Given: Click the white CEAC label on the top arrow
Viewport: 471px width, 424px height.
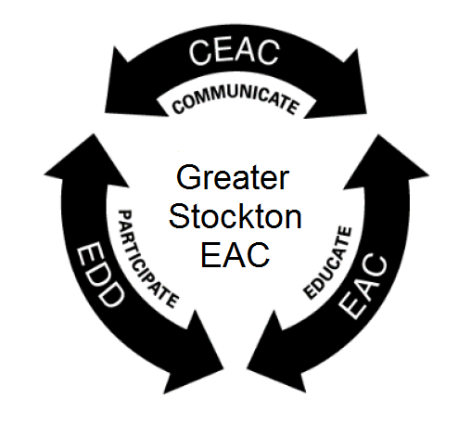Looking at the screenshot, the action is point(234,52).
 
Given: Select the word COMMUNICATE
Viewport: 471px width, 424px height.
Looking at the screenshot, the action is point(235,99).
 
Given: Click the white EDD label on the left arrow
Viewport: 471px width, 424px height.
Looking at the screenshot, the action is point(99,275).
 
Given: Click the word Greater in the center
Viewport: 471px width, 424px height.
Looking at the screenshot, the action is point(233,177).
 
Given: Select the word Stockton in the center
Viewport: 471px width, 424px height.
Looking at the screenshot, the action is point(235,216).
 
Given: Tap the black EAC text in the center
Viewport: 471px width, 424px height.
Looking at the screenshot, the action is point(235,254).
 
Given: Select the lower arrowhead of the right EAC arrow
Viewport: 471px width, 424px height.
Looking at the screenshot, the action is point(275,355).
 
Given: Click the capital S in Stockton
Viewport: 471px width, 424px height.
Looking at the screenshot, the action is point(180,216).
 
